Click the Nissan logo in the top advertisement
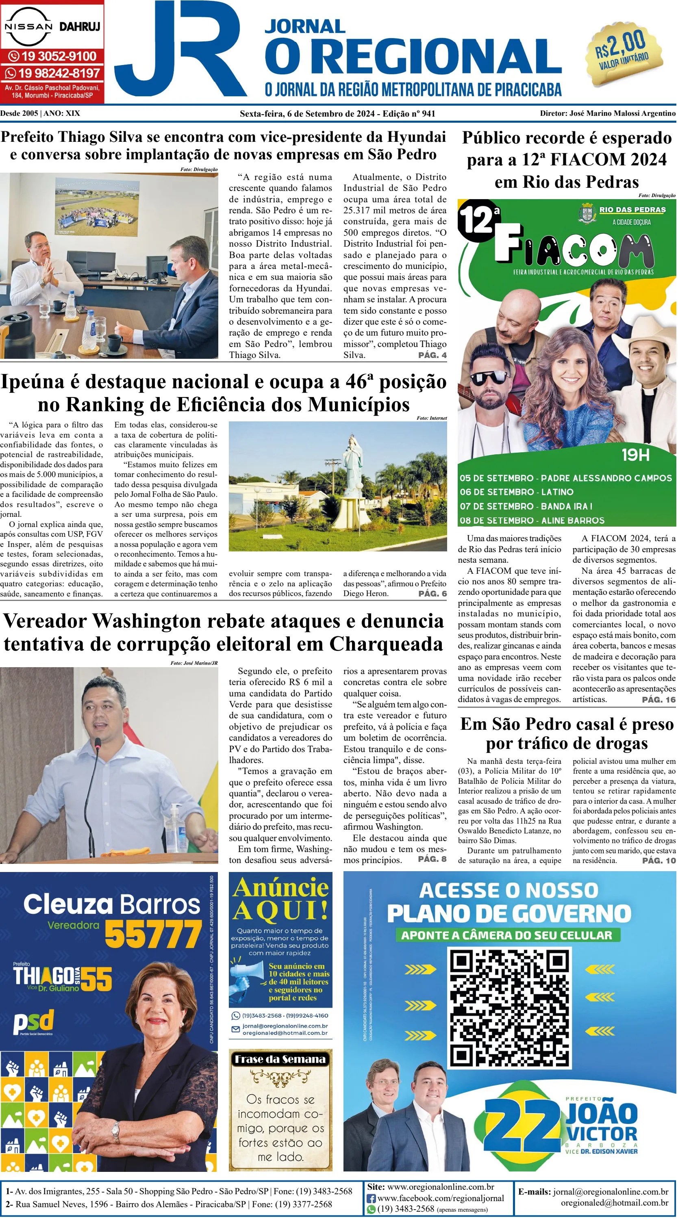point(28,26)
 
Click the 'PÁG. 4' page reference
point(432,355)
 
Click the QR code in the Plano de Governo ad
point(509,1008)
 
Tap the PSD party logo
point(34,1022)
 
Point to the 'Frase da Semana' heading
point(280,1059)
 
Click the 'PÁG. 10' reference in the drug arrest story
point(658,860)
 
